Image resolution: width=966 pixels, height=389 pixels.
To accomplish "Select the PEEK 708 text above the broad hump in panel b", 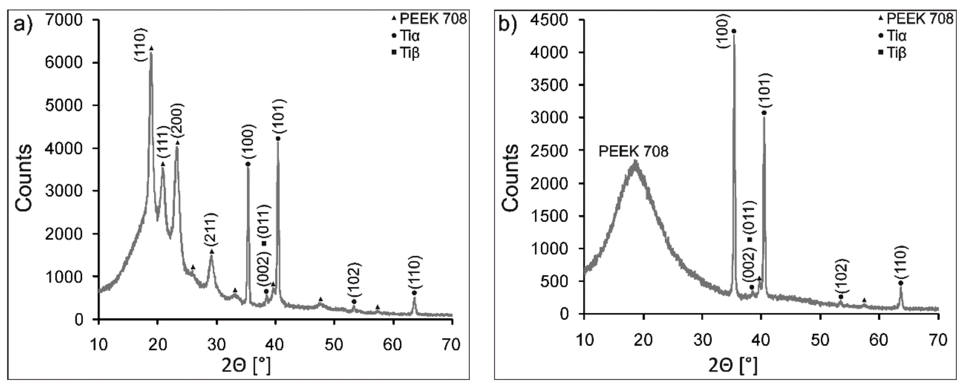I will click(633, 152).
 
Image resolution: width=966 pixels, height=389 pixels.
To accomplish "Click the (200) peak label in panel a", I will click(177, 121).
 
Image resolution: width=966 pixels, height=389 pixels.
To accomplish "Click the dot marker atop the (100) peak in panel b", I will click(734, 31).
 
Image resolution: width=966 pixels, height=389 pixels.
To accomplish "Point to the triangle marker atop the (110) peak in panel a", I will click(151, 48).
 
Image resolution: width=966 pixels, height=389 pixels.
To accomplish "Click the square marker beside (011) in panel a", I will click(264, 243).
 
